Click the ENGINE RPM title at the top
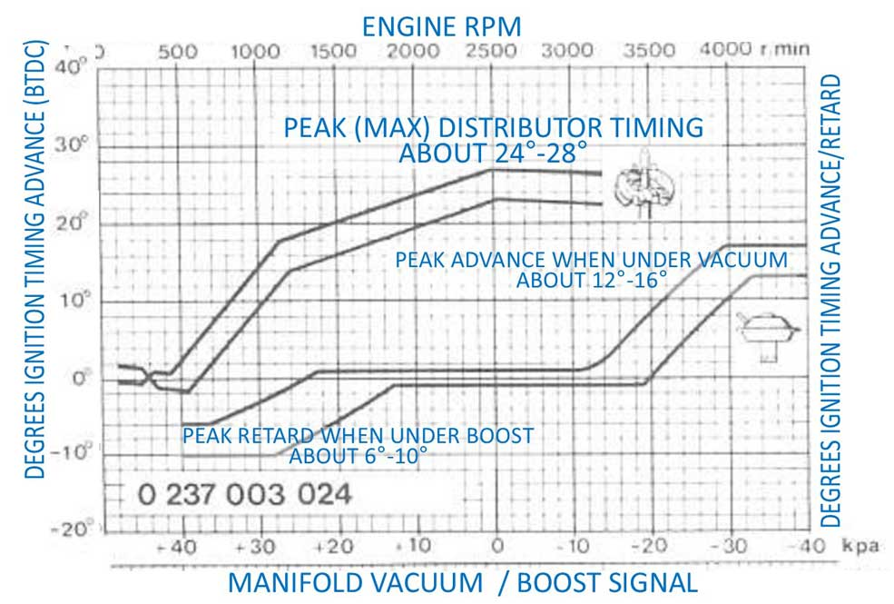[442, 25]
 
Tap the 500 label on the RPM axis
[177, 52]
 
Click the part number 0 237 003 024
[244, 496]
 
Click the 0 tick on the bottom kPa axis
[496, 546]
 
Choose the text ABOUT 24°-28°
[494, 153]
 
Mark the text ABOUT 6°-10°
[358, 456]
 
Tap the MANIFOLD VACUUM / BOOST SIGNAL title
[463, 582]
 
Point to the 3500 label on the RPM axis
[653, 52]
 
